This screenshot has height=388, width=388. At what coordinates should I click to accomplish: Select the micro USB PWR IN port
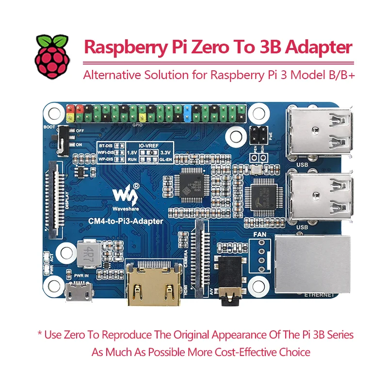(78, 292)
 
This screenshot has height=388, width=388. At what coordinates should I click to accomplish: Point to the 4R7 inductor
(87, 252)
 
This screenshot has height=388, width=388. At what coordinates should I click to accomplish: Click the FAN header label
(260, 235)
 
